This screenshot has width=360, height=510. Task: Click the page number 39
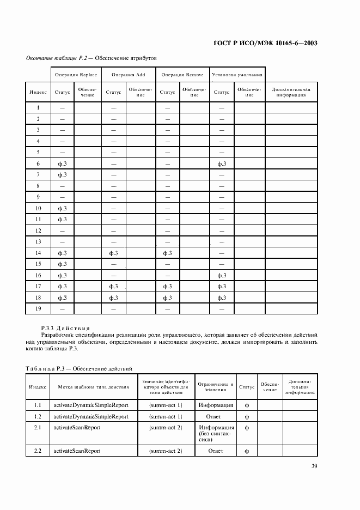(315, 466)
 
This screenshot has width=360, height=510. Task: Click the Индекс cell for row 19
(38, 308)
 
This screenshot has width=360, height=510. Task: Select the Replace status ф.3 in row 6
(62, 163)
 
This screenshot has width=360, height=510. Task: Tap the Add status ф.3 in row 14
(114, 253)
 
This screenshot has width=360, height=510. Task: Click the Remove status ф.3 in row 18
(167, 297)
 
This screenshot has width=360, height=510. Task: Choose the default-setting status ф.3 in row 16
(222, 275)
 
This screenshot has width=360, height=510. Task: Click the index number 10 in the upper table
(38, 208)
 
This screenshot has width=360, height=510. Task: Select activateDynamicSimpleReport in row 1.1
(90, 405)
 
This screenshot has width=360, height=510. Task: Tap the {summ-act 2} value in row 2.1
(165, 428)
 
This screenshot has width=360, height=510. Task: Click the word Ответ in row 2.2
(216, 451)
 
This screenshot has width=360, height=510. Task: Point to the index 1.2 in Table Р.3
(38, 416)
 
